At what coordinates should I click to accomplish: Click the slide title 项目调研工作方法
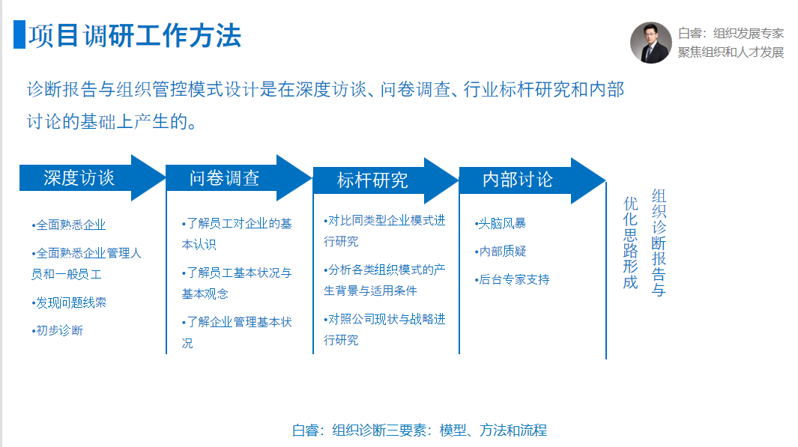point(134,36)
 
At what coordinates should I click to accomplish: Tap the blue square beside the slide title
point(19,34)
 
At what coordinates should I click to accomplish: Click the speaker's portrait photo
point(651,43)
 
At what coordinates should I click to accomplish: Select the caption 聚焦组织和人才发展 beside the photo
point(731,52)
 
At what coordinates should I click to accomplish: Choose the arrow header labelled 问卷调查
point(239,178)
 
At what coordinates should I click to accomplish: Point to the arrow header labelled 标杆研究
point(386,180)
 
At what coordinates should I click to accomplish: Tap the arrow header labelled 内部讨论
point(532,180)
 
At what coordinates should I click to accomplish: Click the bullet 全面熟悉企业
point(69,225)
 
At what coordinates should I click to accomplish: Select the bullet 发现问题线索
point(69,302)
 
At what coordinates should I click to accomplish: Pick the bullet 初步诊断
point(57,330)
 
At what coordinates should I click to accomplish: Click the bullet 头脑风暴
point(501,223)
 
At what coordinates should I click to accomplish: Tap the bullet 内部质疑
point(501,252)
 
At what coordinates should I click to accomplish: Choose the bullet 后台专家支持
point(512,279)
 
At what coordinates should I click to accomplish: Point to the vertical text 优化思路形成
point(631,243)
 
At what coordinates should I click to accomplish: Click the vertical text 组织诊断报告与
point(659,243)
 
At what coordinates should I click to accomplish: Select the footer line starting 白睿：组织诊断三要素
point(420,431)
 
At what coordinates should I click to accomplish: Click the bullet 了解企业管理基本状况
point(237,332)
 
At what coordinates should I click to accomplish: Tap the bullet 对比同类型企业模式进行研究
point(384,231)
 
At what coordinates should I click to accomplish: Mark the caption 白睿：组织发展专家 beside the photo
point(731,34)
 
